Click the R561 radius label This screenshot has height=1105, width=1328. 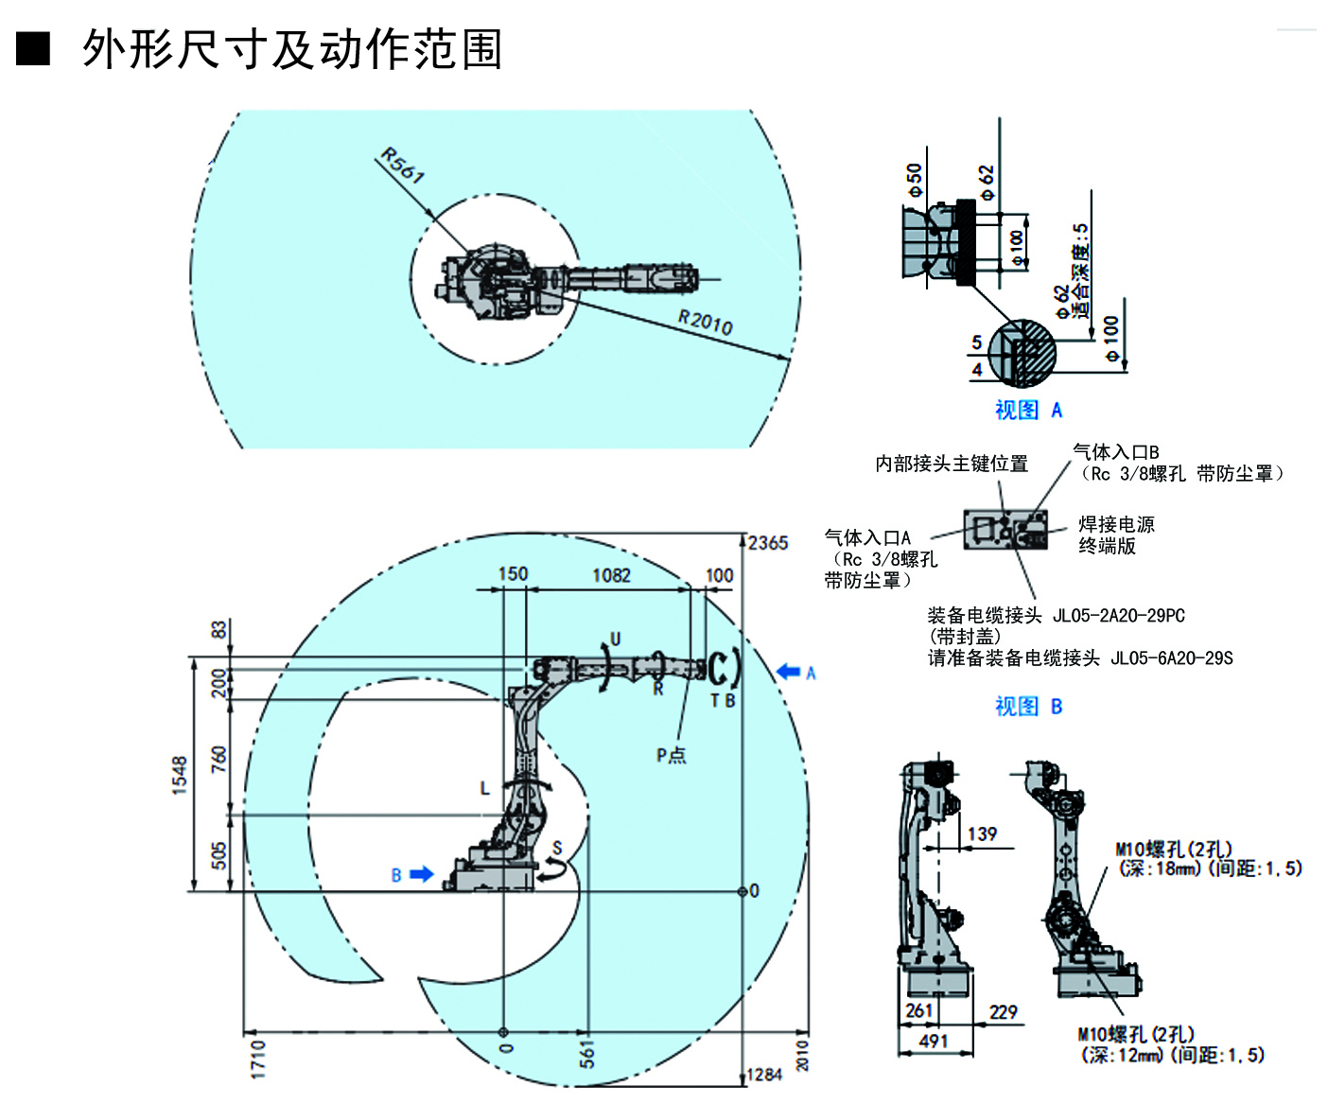coord(403,166)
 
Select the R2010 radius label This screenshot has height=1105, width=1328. coord(706,322)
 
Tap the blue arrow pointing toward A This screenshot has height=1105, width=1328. coord(788,672)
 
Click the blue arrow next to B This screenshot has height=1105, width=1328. coord(421,874)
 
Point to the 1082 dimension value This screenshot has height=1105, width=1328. coord(611,575)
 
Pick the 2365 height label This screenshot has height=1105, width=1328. coord(768,543)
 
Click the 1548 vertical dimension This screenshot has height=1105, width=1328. coord(180,775)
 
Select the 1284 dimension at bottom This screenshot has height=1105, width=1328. coord(764,1075)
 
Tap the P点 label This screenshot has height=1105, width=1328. coord(672,755)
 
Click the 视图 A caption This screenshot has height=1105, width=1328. coord(1028,410)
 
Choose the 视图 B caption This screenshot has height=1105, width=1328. coord(1028,706)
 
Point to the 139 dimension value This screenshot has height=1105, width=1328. coord(982,833)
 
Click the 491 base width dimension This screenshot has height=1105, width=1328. coord(933,1041)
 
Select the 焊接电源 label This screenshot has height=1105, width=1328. coord(1116,524)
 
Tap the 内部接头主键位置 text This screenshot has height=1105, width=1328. coord(951,464)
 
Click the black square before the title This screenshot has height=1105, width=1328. coord(33,48)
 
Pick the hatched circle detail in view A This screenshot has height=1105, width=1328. coord(1022,353)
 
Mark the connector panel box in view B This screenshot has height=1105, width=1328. coord(1005,529)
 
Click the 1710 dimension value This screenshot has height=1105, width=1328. coord(257,1059)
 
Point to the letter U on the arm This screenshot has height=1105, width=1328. coord(615,639)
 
